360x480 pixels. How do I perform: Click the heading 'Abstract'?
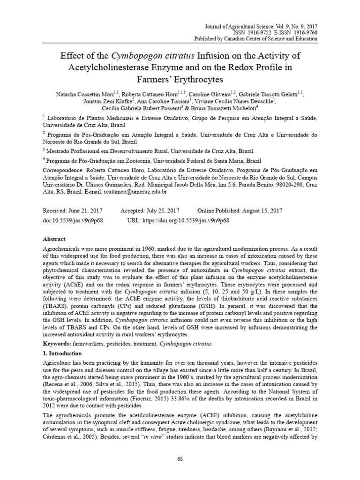(x=54, y=238)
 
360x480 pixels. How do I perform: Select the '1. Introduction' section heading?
(x=62, y=353)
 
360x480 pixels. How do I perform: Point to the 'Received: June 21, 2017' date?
(x=73, y=211)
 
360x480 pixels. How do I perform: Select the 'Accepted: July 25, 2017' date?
(x=150, y=211)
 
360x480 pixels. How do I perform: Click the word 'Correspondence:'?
(x=65, y=171)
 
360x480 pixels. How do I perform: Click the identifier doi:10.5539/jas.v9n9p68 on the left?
(x=73, y=220)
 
